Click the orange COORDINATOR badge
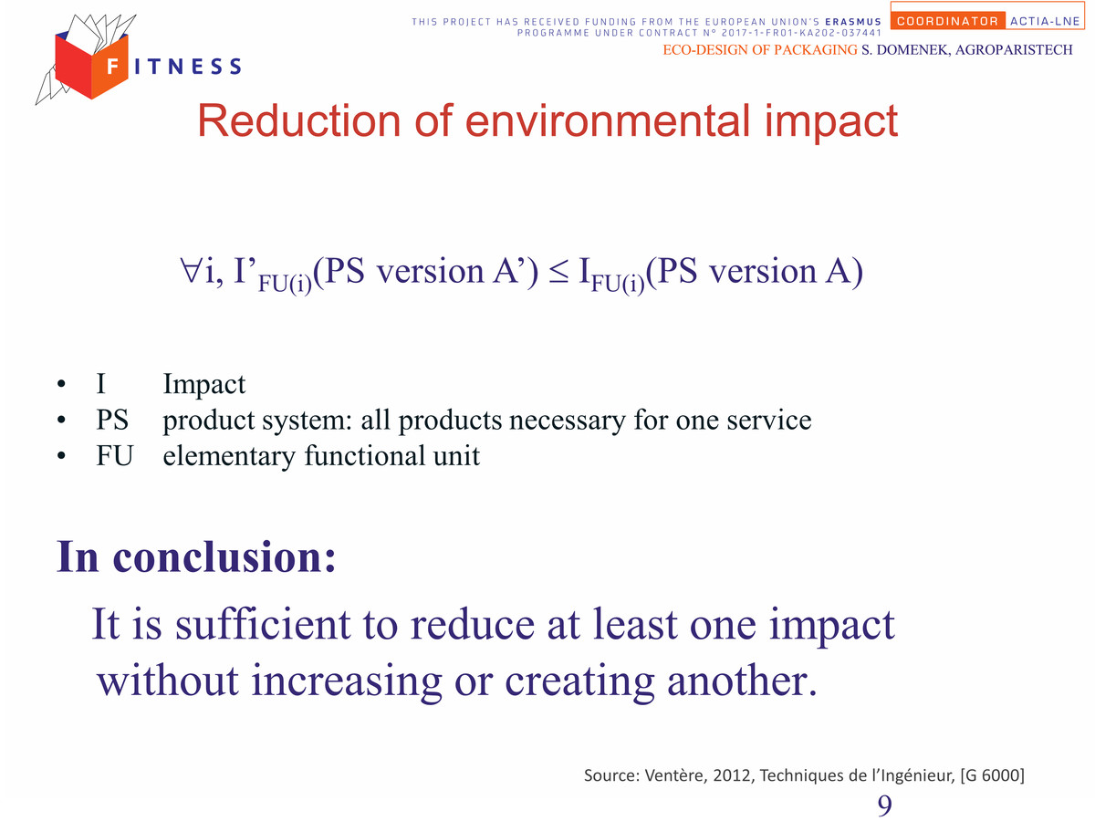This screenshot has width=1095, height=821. tap(947, 21)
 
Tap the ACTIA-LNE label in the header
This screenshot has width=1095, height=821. tap(1045, 21)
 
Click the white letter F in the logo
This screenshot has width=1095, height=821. tap(113, 66)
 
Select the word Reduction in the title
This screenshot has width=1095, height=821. tap(299, 120)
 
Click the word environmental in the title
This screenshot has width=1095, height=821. tap(608, 120)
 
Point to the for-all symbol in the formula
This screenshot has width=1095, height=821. tap(191, 270)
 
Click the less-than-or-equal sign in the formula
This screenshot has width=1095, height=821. tap(558, 273)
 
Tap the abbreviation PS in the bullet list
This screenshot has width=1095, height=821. tap(112, 420)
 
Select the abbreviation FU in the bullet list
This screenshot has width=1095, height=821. tap(114, 455)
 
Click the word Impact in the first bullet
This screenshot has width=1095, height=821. tap(204, 385)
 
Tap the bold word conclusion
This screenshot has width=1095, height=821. tap(224, 556)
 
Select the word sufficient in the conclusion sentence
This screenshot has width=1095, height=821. tap(263, 624)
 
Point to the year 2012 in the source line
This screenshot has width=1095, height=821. tap(733, 774)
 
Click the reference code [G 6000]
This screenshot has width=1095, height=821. tap(992, 775)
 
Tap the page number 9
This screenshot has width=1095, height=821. tap(884, 805)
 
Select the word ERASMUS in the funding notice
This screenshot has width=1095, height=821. tap(853, 22)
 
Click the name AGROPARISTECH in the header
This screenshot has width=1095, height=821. tap(1014, 50)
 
